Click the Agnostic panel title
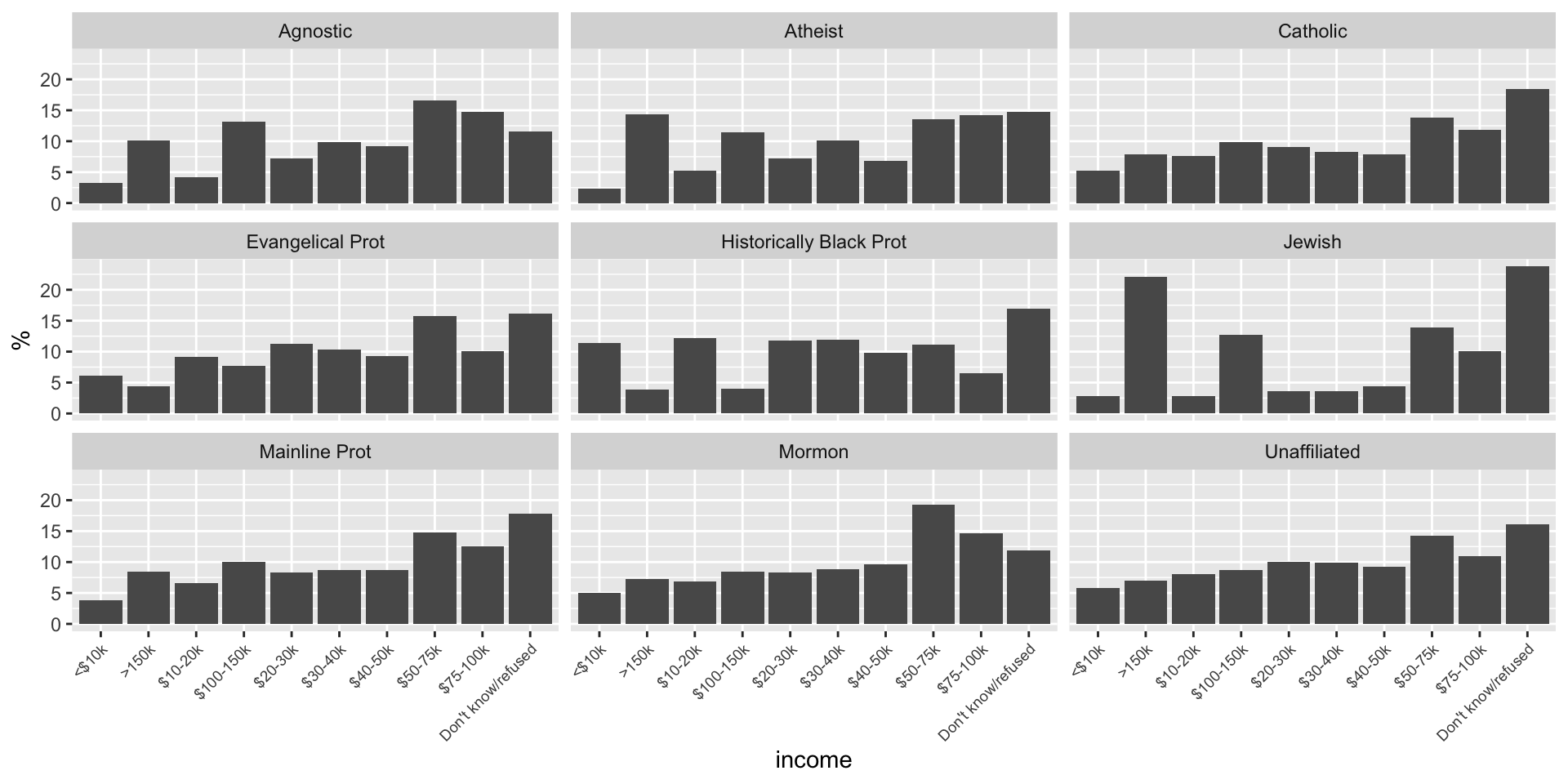pyautogui.click(x=315, y=32)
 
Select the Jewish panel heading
pyautogui.click(x=1312, y=243)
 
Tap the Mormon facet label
pyautogui.click(x=813, y=452)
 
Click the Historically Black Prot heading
pyautogui.click(x=813, y=243)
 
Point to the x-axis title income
pyautogui.click(x=813, y=760)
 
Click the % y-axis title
pyautogui.click(x=22, y=340)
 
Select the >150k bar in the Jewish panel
pyautogui.click(x=1145, y=345)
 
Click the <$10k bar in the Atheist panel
pyautogui.click(x=599, y=196)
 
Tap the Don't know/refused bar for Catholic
pyautogui.click(x=1527, y=146)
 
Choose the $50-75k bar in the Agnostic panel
pyautogui.click(x=434, y=152)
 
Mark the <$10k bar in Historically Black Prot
pyautogui.click(x=599, y=378)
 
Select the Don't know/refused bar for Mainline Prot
pyautogui.click(x=530, y=569)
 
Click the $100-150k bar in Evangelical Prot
pyautogui.click(x=243, y=390)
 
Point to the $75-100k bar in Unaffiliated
pyautogui.click(x=1480, y=590)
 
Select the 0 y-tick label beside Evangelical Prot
pyautogui.click(x=56, y=414)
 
